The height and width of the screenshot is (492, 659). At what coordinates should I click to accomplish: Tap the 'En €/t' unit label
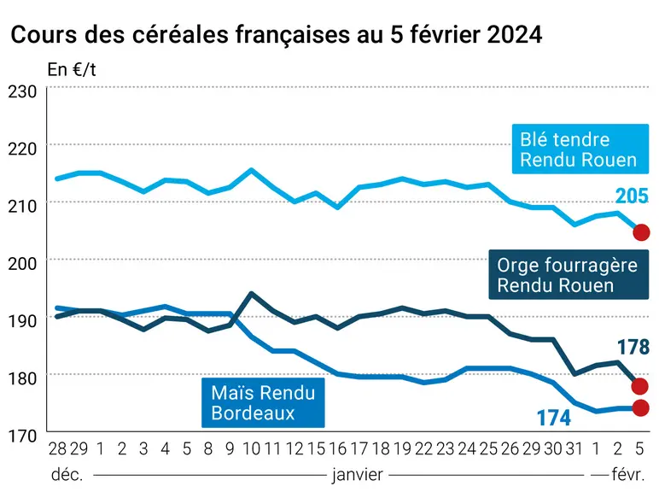[72, 70]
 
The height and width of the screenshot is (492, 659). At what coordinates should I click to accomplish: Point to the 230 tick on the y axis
[22, 91]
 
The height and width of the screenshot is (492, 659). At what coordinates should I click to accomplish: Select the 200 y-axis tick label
[22, 264]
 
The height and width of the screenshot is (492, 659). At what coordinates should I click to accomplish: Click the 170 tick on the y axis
[22, 436]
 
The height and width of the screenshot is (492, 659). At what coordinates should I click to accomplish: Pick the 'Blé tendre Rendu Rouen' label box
[580, 149]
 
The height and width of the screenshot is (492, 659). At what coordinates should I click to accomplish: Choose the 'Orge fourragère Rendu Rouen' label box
[569, 274]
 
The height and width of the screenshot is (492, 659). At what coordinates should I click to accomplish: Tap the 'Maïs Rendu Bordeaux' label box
[263, 402]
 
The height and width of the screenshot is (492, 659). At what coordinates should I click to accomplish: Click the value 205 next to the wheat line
[632, 196]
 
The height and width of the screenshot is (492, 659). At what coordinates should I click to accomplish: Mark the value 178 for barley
[633, 348]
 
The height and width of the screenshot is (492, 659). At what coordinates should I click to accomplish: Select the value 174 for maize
[554, 418]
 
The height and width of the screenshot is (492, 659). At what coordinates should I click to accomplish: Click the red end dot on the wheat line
[641, 232]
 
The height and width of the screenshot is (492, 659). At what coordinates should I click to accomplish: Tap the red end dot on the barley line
[639, 386]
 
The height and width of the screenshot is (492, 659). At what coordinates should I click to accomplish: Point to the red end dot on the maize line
[640, 408]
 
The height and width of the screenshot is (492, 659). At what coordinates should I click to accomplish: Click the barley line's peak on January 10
[251, 293]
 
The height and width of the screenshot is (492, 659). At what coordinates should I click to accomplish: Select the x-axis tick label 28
[57, 449]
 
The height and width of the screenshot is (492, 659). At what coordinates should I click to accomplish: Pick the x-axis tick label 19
[402, 449]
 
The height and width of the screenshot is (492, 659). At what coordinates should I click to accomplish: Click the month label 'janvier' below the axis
[357, 475]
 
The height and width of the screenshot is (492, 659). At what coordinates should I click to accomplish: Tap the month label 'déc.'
[67, 475]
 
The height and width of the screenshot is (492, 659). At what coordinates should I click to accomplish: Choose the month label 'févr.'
[628, 475]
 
